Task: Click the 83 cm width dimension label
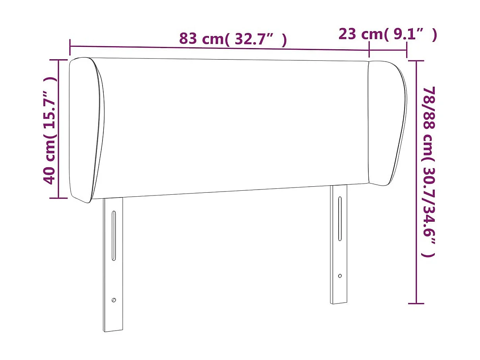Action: click(x=233, y=39)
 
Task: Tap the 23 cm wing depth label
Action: click(x=387, y=35)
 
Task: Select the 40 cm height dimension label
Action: click(x=50, y=131)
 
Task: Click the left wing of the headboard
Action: click(x=86, y=130)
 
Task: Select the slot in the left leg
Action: click(x=114, y=236)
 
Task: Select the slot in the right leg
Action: click(x=340, y=219)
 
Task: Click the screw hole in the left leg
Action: click(x=114, y=300)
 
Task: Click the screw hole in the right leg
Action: click(x=340, y=276)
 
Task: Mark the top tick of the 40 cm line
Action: click(x=58, y=60)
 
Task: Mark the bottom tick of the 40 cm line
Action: click(x=58, y=197)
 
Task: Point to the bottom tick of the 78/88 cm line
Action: click(x=416, y=304)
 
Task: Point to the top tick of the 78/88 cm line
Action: click(x=416, y=61)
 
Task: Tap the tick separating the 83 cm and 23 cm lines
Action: click(x=370, y=50)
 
